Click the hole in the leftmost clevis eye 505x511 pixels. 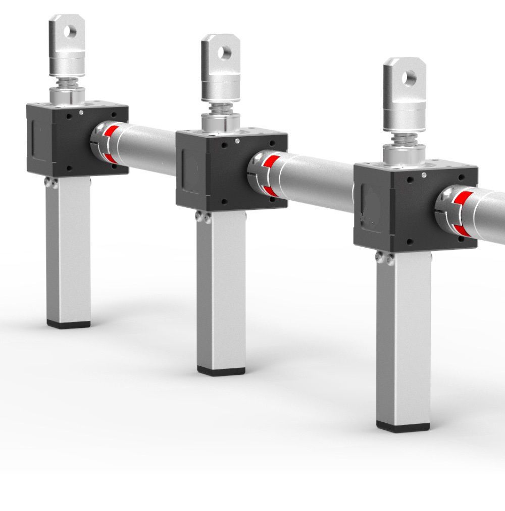pyautogui.click(x=72, y=31)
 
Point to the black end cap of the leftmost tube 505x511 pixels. pyautogui.click(x=69, y=324)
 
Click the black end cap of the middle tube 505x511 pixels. pyautogui.click(x=221, y=371)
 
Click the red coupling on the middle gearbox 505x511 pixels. pyautogui.click(x=270, y=174)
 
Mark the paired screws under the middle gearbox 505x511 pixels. pyautogui.click(x=204, y=217)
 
